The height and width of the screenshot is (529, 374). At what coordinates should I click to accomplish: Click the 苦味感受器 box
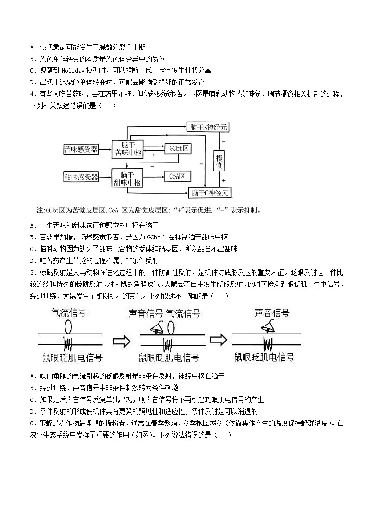(81, 149)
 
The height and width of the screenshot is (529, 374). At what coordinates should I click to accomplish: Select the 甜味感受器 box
(81, 177)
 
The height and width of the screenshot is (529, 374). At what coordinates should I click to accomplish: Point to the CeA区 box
(178, 177)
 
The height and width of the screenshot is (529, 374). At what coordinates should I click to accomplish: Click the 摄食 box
(219, 161)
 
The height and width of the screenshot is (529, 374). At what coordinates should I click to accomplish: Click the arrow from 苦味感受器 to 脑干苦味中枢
(105, 149)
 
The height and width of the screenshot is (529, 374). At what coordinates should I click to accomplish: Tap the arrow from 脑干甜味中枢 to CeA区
(154, 177)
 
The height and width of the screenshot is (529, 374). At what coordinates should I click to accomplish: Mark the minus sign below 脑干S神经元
(224, 141)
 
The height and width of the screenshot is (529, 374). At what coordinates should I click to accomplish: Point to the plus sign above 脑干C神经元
(224, 180)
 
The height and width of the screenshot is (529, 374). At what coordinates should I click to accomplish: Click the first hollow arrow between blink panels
(121, 340)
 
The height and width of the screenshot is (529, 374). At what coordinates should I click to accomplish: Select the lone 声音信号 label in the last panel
(271, 313)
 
